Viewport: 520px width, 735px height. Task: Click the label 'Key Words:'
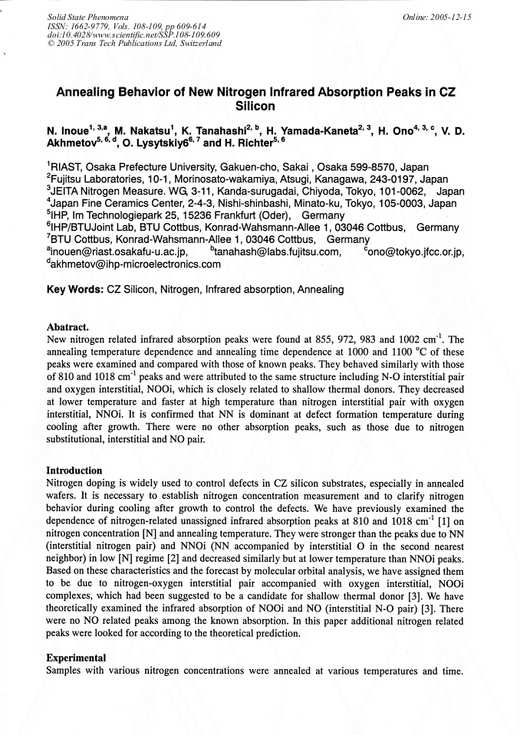tap(75, 290)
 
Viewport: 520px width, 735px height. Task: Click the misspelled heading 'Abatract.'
tap(67, 326)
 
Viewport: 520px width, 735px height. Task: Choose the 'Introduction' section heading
tap(74, 470)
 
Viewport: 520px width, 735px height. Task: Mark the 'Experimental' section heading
tap(76, 658)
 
